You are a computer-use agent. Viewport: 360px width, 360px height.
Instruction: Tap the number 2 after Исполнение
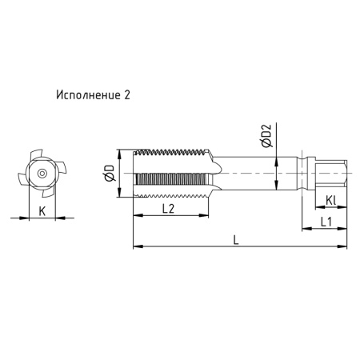coord(127,94)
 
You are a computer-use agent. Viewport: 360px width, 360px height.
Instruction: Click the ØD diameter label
coord(110,173)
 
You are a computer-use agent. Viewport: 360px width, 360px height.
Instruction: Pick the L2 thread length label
coord(169,209)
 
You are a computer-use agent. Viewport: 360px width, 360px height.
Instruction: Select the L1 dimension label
coord(326,222)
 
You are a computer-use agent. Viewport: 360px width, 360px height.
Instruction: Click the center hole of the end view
coord(41,173)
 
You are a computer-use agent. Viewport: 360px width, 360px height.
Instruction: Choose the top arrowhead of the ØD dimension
coord(119,152)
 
